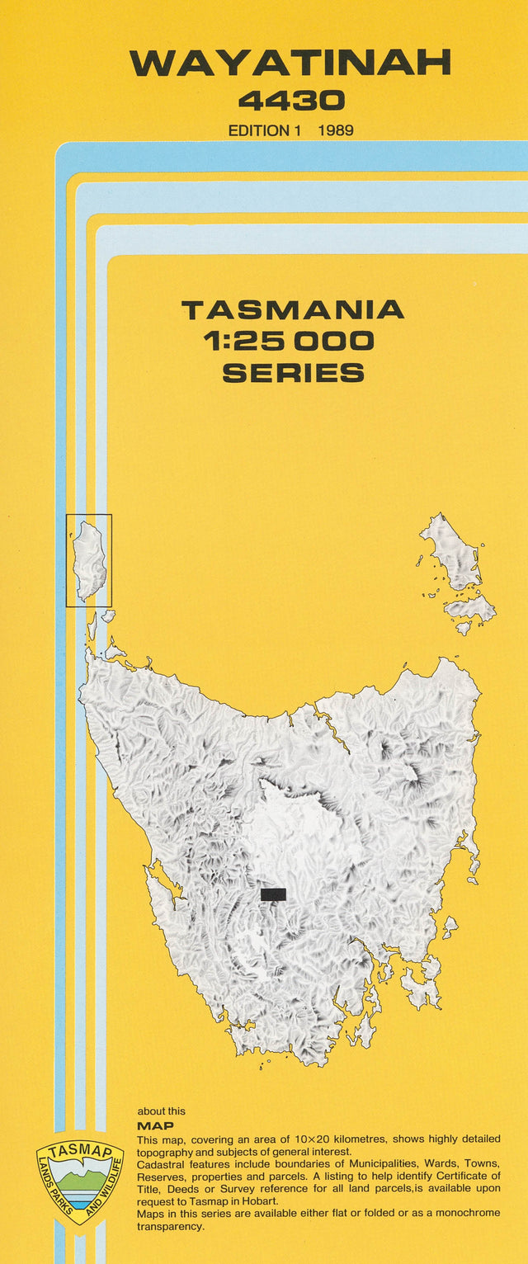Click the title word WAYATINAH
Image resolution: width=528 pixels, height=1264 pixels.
point(290,64)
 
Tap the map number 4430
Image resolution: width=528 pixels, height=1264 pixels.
point(291,101)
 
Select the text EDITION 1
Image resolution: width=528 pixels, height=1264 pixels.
point(260,130)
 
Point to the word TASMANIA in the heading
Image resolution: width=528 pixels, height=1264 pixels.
point(293,310)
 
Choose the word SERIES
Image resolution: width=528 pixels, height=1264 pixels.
point(293,373)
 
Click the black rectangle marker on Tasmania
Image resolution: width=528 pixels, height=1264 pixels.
point(273,894)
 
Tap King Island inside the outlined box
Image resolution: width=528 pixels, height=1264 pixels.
point(89,561)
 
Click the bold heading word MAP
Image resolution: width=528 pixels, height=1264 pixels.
point(155,1125)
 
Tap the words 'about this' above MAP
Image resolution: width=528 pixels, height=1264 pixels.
point(162,1111)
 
